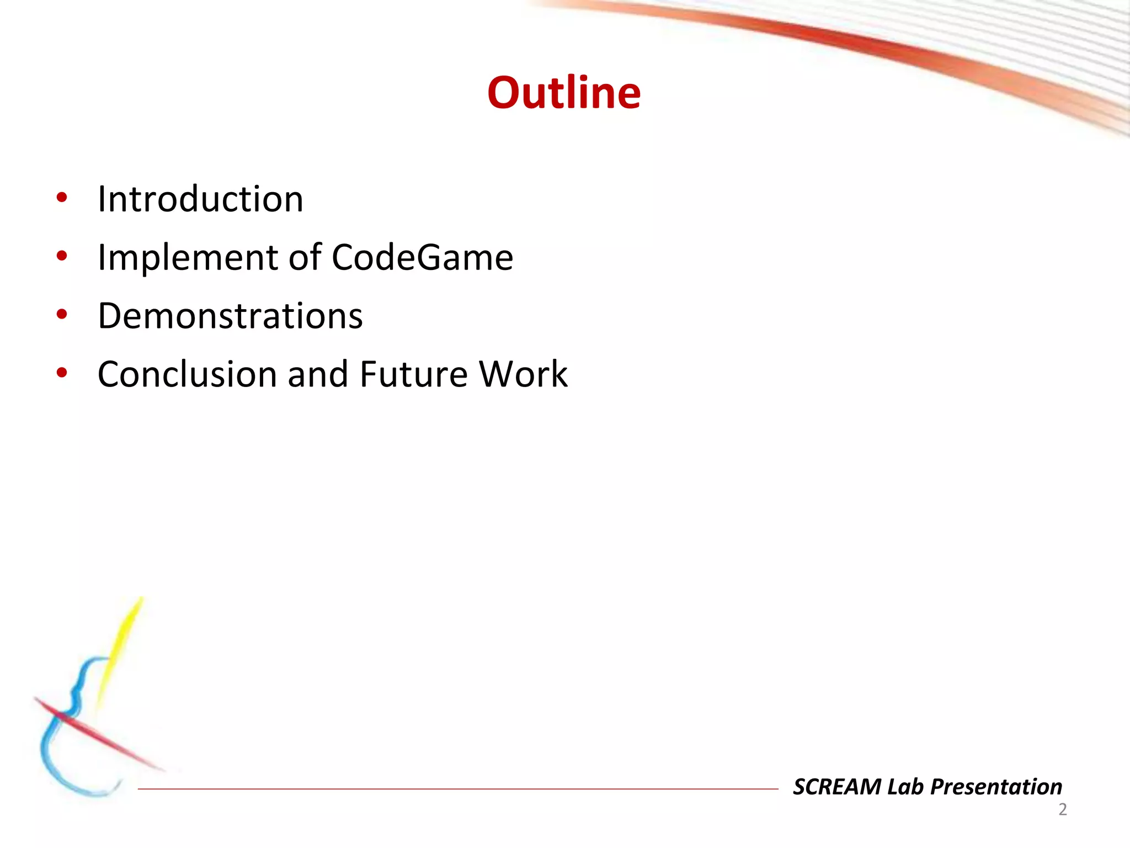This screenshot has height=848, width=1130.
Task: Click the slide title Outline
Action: click(x=564, y=93)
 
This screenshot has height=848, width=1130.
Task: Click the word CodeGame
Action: click(x=422, y=257)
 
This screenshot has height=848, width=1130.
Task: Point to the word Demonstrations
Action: click(x=230, y=316)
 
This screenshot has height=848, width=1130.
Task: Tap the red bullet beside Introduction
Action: click(x=62, y=198)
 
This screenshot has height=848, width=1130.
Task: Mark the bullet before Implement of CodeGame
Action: click(x=62, y=256)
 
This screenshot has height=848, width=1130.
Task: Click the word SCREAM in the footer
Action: click(x=836, y=787)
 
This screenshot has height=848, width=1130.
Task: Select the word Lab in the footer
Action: click(x=905, y=787)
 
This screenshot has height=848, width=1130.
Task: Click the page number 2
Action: click(x=1062, y=809)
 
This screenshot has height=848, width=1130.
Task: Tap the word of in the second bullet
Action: click(x=305, y=257)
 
